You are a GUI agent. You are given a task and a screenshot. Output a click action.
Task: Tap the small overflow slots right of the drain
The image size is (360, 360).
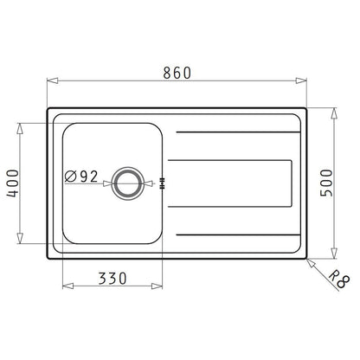pyautogui.click(x=163, y=182)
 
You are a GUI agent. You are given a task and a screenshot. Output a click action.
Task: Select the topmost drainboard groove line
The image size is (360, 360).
pyautogui.click(x=234, y=132)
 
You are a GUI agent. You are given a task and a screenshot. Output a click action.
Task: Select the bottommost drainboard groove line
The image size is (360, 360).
pyautogui.click(x=234, y=234)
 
